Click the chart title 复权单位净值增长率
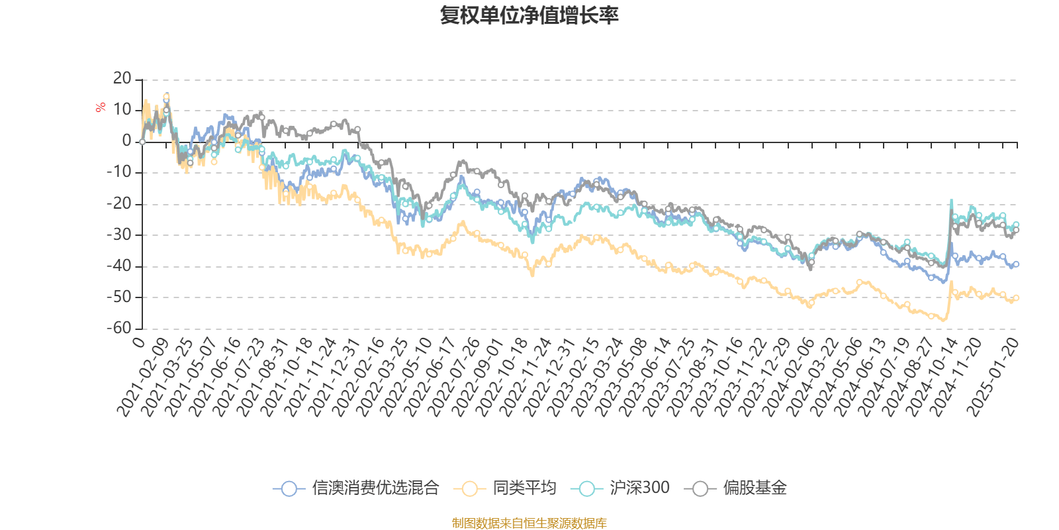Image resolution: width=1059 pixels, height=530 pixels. click(529, 15)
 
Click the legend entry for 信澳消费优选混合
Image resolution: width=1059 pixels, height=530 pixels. click(356, 489)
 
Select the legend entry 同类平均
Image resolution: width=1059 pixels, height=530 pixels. click(505, 489)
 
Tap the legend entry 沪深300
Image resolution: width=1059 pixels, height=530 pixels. click(624, 489)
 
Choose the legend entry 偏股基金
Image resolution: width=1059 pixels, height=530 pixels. click(739, 489)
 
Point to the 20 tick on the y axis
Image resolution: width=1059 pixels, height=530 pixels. click(122, 79)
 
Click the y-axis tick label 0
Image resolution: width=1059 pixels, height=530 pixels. click(127, 141)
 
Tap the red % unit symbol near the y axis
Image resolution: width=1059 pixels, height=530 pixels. click(101, 108)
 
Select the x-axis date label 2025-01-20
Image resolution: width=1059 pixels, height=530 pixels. click(993, 378)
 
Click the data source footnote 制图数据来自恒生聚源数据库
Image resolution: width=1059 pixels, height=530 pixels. click(529, 523)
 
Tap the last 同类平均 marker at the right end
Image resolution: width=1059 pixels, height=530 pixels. click(1016, 298)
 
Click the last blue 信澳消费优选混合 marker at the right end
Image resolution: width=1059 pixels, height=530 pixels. click(1016, 264)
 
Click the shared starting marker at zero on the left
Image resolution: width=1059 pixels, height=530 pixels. click(142, 142)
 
